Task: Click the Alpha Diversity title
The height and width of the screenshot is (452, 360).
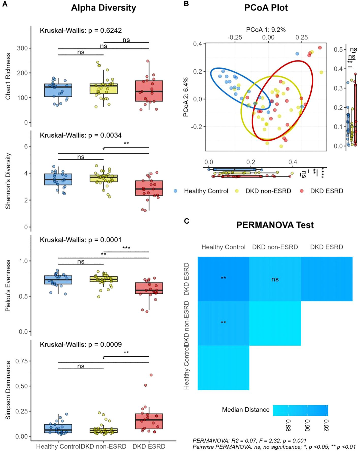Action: click(103, 8)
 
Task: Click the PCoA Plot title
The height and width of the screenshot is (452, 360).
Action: click(266, 8)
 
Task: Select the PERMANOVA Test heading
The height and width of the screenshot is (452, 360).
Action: click(275, 225)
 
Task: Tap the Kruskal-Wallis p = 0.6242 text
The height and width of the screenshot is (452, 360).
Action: click(81, 31)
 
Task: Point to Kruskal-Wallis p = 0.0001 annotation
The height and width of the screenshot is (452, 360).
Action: click(81, 240)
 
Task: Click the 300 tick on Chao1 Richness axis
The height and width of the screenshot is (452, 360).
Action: click(22, 48)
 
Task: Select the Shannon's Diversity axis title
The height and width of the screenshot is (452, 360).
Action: click(8, 181)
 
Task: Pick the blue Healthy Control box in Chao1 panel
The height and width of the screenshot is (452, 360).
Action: click(58, 90)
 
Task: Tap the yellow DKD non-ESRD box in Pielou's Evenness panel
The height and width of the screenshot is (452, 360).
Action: click(103, 279)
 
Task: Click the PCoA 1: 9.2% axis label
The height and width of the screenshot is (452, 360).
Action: click(266, 30)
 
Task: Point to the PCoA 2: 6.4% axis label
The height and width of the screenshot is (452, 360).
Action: click(186, 97)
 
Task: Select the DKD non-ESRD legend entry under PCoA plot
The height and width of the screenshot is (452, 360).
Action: click(268, 191)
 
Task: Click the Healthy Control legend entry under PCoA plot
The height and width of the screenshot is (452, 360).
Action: click(206, 191)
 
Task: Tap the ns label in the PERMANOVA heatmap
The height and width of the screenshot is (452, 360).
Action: click(275, 279)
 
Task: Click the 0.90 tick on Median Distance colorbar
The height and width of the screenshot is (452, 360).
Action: click(307, 425)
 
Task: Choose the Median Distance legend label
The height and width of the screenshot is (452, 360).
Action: click(246, 410)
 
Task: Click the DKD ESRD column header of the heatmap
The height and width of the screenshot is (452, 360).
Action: click(326, 247)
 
